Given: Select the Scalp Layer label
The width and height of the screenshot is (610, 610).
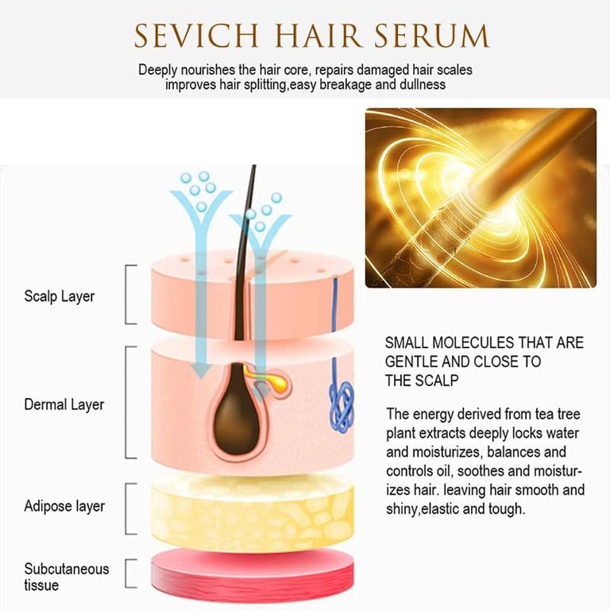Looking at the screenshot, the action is coord(59,296).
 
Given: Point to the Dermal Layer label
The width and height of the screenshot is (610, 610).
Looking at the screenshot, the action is coord(64,404).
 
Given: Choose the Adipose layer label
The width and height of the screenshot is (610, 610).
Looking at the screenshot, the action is coord(64,506).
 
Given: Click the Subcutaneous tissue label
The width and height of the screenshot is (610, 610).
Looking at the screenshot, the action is coord(67,577).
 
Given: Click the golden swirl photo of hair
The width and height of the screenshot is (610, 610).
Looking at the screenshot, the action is coord(480,198).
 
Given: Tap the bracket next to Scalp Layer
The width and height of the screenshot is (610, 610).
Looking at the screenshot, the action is coord(130,295).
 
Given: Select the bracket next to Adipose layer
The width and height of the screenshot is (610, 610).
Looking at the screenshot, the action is coord(130,505).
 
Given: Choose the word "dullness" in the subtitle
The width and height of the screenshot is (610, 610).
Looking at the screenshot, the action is coord(421,84).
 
